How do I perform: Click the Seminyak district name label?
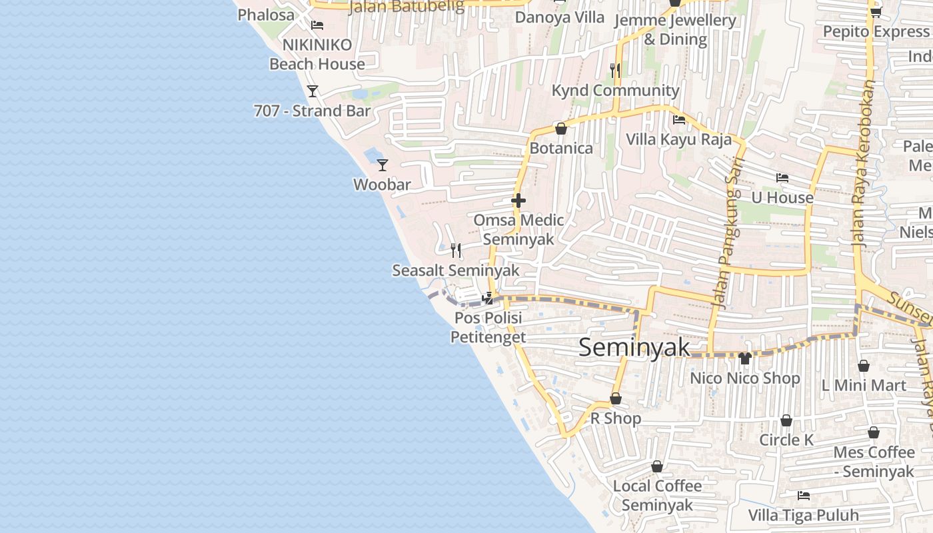pyautogui.click(x=634, y=347)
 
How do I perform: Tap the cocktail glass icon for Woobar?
pyautogui.click(x=383, y=165)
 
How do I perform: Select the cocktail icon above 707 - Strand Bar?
pyautogui.click(x=312, y=91)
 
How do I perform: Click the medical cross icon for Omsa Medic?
pyautogui.click(x=518, y=200)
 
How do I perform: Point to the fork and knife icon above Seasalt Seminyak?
pyautogui.click(x=456, y=251)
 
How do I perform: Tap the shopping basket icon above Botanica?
pyautogui.click(x=560, y=129)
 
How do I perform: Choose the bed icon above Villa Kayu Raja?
pyautogui.click(x=679, y=120)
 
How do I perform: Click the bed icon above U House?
pyautogui.click(x=782, y=178)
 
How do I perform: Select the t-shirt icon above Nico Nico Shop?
pyautogui.click(x=745, y=358)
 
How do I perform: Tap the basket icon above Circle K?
pyautogui.click(x=786, y=421)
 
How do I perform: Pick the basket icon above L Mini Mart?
pyautogui.click(x=863, y=366)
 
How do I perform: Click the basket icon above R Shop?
pyautogui.click(x=616, y=398)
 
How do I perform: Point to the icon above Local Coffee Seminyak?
pyautogui.click(x=657, y=466)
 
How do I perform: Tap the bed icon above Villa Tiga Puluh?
pyautogui.click(x=804, y=496)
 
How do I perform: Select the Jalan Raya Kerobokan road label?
pyautogui.click(x=865, y=163)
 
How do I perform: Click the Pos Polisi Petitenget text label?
pyautogui.click(x=488, y=328)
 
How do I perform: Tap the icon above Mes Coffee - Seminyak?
pyautogui.click(x=874, y=433)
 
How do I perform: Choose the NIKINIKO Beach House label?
pyautogui.click(x=317, y=55)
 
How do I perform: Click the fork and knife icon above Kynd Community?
pyautogui.click(x=615, y=70)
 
